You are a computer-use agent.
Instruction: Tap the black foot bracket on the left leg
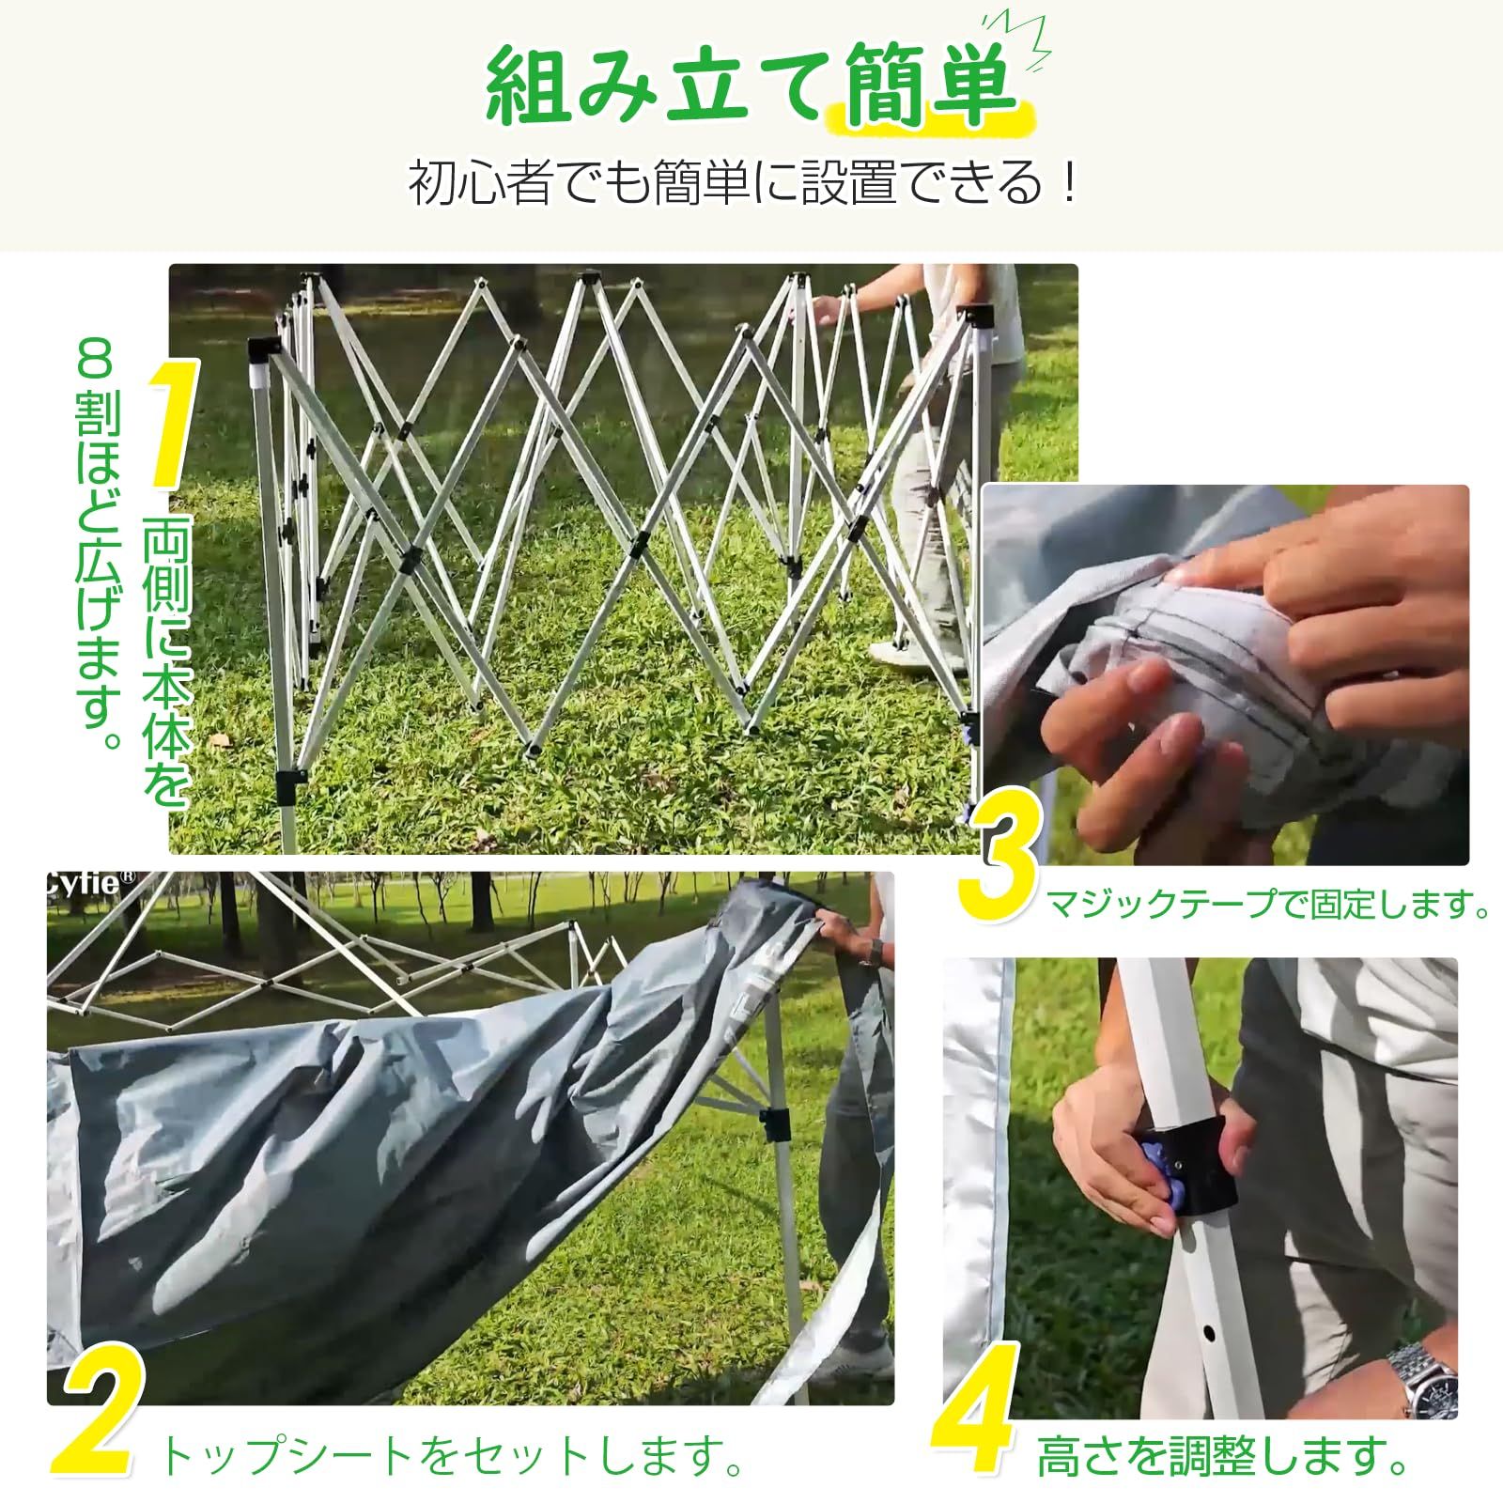[290, 781]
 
